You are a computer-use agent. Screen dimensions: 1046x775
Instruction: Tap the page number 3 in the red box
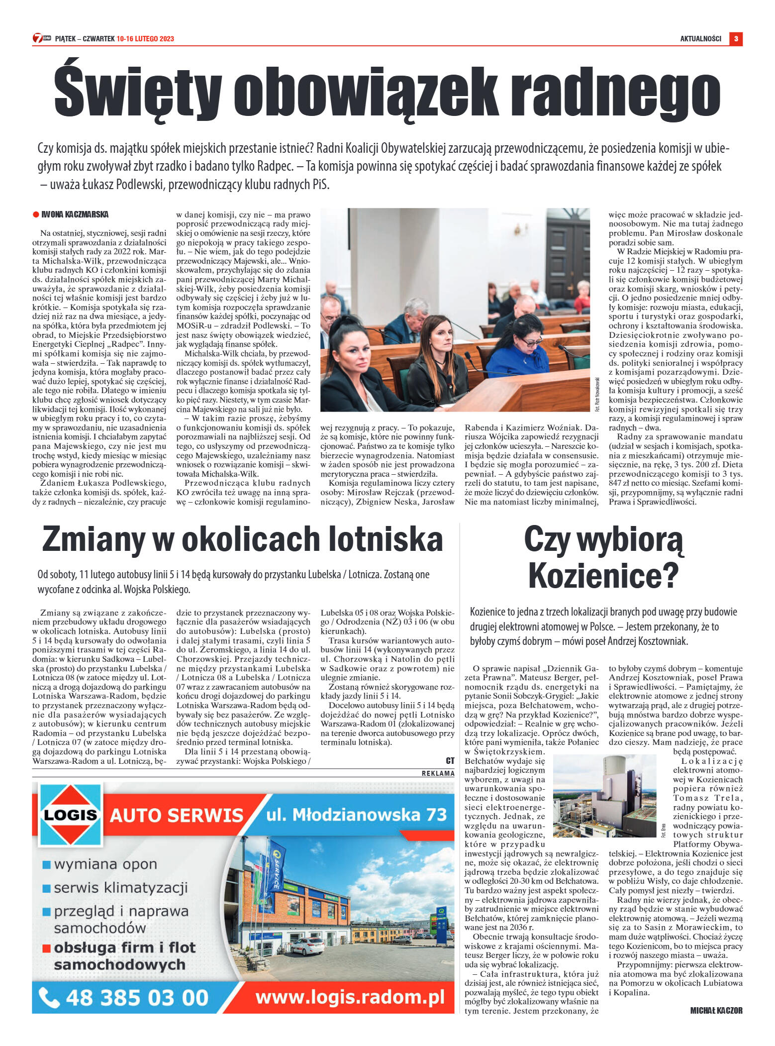click(736, 39)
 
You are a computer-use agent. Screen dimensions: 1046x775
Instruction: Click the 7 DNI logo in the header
click(42, 38)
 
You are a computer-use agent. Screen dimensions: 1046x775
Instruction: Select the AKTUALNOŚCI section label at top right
click(700, 39)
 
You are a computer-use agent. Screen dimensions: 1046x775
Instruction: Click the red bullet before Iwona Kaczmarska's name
click(36, 214)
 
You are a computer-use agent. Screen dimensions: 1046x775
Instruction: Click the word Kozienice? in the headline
click(603, 575)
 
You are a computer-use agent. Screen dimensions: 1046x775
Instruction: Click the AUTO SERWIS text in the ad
click(177, 816)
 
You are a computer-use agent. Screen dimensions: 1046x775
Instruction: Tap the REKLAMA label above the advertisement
click(438, 773)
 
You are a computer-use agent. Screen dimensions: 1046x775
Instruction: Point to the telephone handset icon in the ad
click(49, 997)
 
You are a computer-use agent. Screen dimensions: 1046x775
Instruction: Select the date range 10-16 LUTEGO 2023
click(145, 39)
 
